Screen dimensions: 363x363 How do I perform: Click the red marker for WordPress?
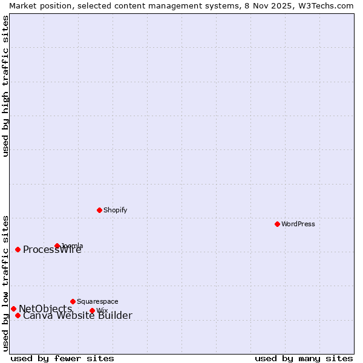(277, 224)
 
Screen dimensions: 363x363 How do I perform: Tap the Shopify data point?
(99, 210)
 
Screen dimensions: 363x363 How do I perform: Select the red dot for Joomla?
(57, 246)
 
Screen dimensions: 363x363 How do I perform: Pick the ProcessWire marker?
(18, 249)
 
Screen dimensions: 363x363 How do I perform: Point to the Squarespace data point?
(73, 301)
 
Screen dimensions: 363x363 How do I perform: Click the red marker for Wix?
(92, 310)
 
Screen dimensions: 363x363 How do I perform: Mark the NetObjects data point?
(13, 309)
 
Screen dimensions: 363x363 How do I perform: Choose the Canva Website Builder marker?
(18, 315)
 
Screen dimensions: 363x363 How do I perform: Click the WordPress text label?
(298, 224)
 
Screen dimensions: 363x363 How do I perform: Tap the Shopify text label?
(115, 210)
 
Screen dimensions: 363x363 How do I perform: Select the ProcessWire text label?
(52, 250)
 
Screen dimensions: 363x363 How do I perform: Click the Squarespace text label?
(97, 301)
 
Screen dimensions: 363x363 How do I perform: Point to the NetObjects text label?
(45, 309)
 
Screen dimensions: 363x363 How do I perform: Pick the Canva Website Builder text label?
(77, 316)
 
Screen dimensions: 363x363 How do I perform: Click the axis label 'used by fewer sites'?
(62, 358)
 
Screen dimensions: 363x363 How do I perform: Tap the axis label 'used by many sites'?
(304, 358)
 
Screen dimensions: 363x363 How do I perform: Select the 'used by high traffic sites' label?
(6, 86)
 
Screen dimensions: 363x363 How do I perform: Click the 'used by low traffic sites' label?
(6, 283)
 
